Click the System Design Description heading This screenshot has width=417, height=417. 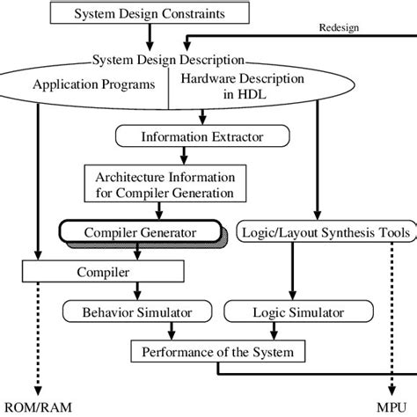168,60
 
